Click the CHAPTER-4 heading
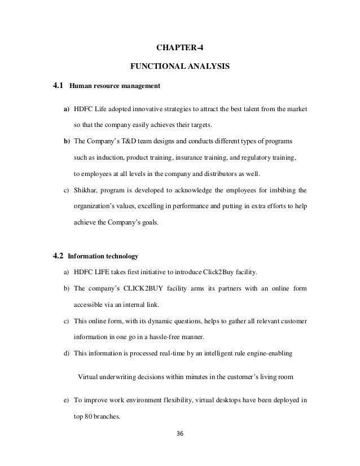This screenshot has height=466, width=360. point(180,46)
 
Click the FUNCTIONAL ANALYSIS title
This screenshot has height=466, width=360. point(180,67)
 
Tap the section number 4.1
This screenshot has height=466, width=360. point(58,87)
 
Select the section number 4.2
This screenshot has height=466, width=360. point(58,255)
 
